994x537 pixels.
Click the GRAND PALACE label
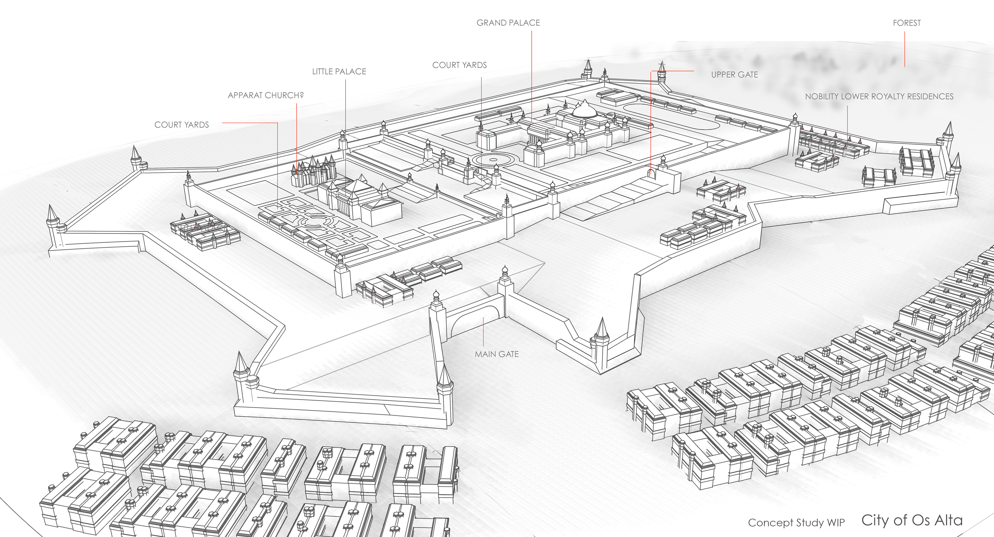pos(508,23)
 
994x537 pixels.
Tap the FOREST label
pos(907,23)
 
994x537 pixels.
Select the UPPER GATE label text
pos(734,75)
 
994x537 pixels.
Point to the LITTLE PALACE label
pos(339,72)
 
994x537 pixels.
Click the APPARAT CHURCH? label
pos(266,95)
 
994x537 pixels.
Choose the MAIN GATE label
pos(497,354)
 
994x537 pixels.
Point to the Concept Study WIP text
pos(796,522)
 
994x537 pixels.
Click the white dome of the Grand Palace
pos(584,111)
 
